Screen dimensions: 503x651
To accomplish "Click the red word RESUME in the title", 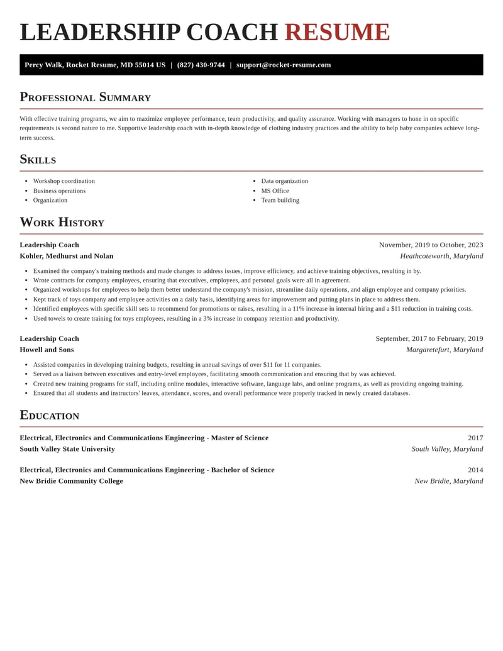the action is (x=337, y=32).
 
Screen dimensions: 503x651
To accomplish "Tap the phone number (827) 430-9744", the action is (x=201, y=65).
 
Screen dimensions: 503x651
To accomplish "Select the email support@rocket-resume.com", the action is (x=284, y=65).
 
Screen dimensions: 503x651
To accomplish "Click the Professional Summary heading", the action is (x=86, y=97).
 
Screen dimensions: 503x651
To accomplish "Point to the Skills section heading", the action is (x=38, y=159).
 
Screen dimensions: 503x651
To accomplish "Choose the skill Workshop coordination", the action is (x=64, y=181).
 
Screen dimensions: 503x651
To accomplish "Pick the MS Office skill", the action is (x=275, y=191).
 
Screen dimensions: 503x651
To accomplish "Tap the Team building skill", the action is (x=280, y=200).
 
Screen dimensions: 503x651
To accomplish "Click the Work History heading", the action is (x=62, y=222).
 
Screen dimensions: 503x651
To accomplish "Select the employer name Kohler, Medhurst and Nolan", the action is (x=67, y=256).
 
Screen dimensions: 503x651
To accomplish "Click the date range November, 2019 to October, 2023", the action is (x=431, y=245).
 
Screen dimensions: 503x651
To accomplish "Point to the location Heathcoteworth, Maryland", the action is (x=441, y=256).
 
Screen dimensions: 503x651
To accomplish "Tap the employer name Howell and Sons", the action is (x=47, y=350).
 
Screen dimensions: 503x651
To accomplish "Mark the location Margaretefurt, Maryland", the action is (x=445, y=350).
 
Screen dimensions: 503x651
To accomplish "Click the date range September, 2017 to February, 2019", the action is (x=429, y=338).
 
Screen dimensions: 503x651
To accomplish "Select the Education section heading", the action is (x=50, y=415).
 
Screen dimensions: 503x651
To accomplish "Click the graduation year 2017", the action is (x=475, y=438).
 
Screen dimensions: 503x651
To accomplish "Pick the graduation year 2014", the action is (x=475, y=470).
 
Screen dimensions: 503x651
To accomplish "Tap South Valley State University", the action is (x=67, y=449).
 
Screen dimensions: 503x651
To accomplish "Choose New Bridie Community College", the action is (x=71, y=481).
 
